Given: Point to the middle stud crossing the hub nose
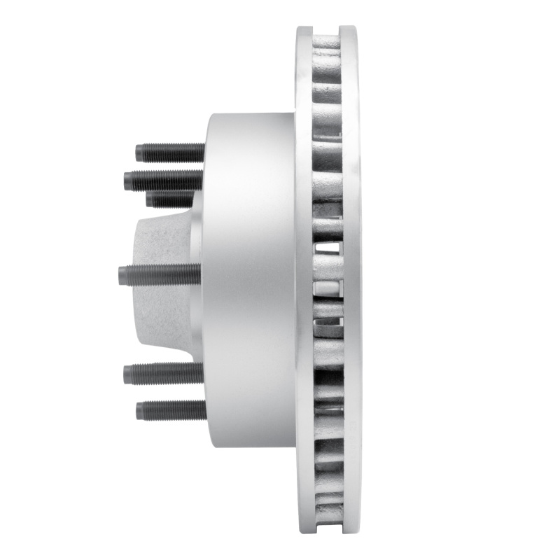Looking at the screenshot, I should tap(161, 274).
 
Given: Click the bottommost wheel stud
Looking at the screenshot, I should tap(171, 409).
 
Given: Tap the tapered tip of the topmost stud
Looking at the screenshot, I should tap(139, 152).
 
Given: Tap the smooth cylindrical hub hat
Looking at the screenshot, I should tap(248, 280).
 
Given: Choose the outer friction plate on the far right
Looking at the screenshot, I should tap(352, 280).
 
